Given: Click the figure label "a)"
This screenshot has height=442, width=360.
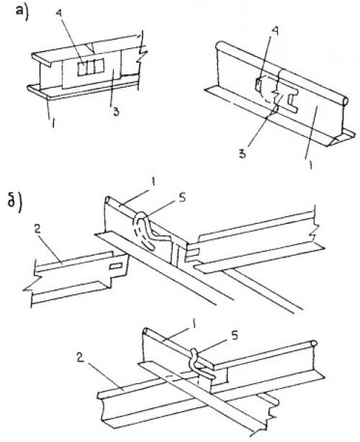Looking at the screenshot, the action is pos(23,13).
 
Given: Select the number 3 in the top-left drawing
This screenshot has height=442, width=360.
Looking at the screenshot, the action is pos(116,112).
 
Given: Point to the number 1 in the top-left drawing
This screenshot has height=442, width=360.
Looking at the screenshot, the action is pos(53,123).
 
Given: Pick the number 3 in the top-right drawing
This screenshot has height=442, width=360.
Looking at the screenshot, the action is pos(243,154).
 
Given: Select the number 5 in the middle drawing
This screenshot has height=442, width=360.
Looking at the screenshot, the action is pos(182,197).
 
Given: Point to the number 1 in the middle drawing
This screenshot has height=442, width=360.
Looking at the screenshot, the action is pos(153,184).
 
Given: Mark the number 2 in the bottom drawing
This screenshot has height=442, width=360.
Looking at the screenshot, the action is pos(81,358).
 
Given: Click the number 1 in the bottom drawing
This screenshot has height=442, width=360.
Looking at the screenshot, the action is pos(194,326).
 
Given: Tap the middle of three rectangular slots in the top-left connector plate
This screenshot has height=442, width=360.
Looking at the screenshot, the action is pos(91,69).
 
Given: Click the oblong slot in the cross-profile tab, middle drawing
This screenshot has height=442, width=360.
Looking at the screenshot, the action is pos(116,266).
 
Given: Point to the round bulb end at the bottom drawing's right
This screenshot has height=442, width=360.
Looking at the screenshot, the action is pos(314,343).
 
